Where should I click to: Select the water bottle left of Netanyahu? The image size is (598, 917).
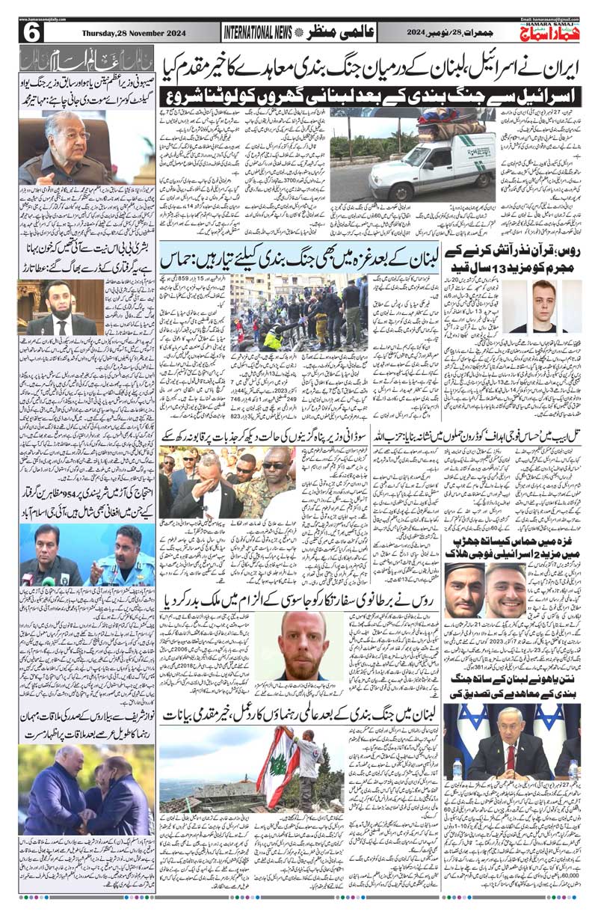457,770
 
